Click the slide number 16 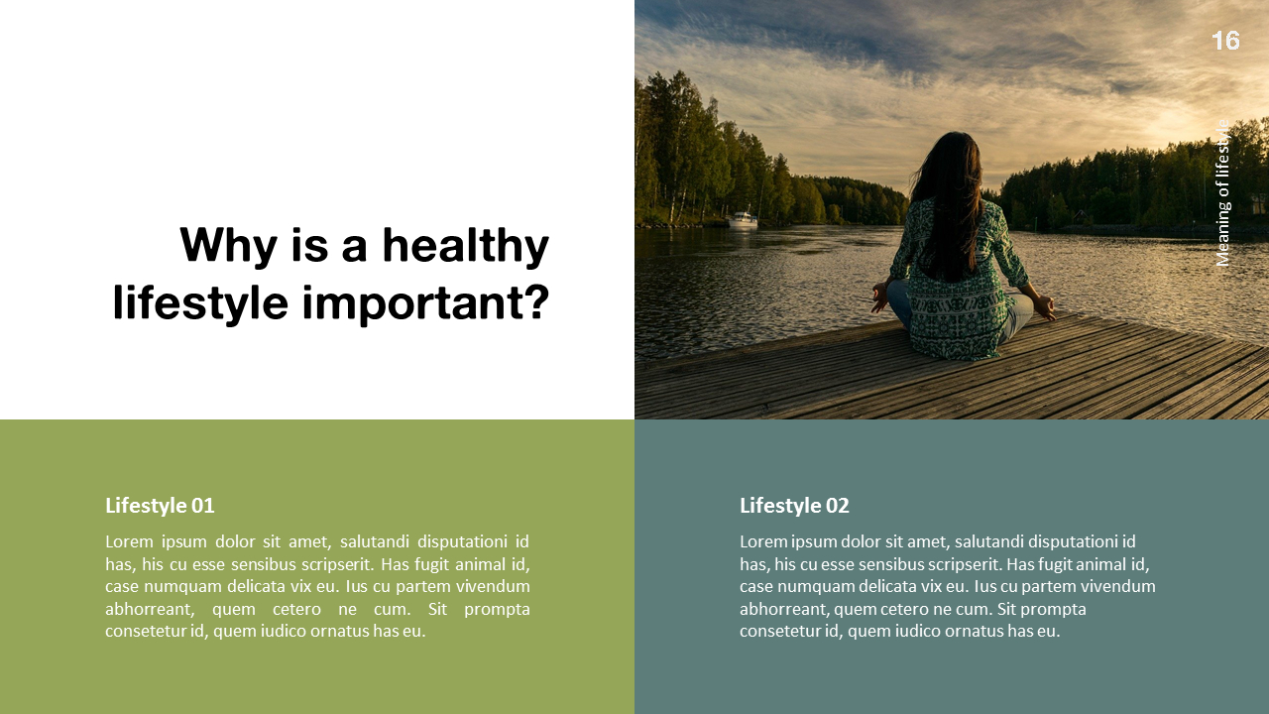[1225, 41]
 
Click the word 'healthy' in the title [465, 245]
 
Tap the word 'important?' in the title [425, 302]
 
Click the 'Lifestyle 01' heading [160, 506]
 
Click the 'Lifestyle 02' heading [794, 506]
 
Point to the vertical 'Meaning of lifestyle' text [1223, 193]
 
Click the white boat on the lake [744, 219]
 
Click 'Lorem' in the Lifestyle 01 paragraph [130, 541]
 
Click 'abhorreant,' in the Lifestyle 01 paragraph [147, 609]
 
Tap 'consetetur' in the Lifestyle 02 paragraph [780, 631]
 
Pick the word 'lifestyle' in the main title [201, 302]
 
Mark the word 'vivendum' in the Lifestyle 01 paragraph [492, 586]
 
